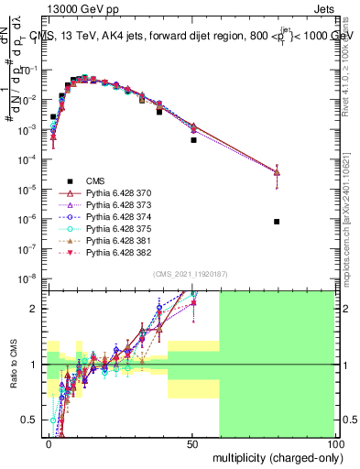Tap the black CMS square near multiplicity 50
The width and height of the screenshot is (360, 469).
(x=193, y=140)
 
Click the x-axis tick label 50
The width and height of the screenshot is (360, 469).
(x=191, y=442)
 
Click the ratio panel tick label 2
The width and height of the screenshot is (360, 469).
(x=38, y=309)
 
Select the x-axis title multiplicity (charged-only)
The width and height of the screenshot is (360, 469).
(x=275, y=455)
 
